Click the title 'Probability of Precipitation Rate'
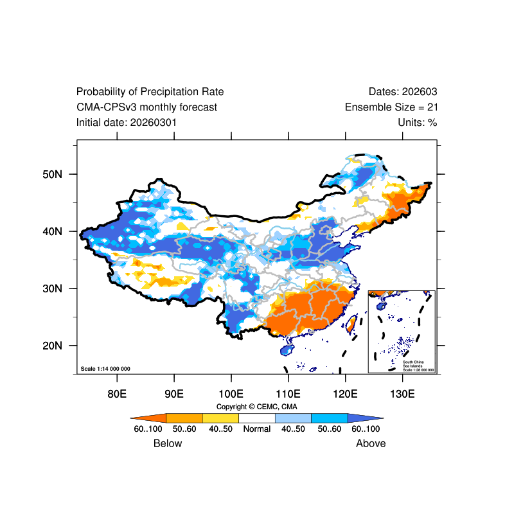[150, 92]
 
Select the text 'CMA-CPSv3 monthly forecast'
[146, 107]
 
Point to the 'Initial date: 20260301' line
[127, 122]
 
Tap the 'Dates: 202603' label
[403, 92]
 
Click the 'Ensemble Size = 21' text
[391, 107]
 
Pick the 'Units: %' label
[417, 122]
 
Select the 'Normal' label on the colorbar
[256, 429]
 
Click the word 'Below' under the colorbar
[168, 443]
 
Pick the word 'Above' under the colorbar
[371, 443]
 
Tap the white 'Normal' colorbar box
[256, 418]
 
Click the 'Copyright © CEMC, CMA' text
[256, 407]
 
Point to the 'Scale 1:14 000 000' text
[106, 369]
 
